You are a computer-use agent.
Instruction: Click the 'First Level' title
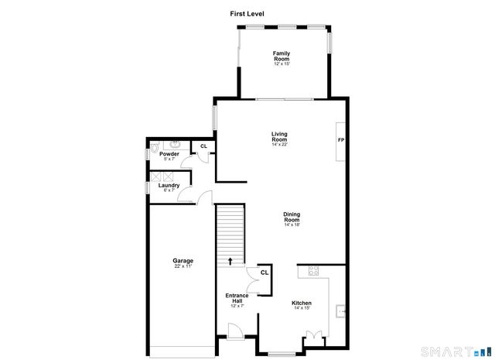coord(247,13)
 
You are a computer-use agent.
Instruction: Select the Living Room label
coord(279,138)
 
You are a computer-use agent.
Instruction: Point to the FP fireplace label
coord(340,140)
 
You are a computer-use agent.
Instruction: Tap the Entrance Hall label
coord(237,298)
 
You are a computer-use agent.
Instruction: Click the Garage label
coord(183,261)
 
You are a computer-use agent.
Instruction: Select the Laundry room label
coord(169,186)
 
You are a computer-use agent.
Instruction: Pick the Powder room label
coord(169,154)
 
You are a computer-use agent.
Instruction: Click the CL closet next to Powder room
coord(204,146)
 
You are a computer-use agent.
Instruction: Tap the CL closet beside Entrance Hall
coord(265,273)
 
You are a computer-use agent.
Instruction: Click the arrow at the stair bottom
coord(230,261)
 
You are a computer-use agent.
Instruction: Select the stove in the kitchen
coord(314,271)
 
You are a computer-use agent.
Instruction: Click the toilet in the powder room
coord(155,146)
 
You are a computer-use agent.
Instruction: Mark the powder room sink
coord(176,143)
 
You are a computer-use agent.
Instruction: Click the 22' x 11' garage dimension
coord(183,267)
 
